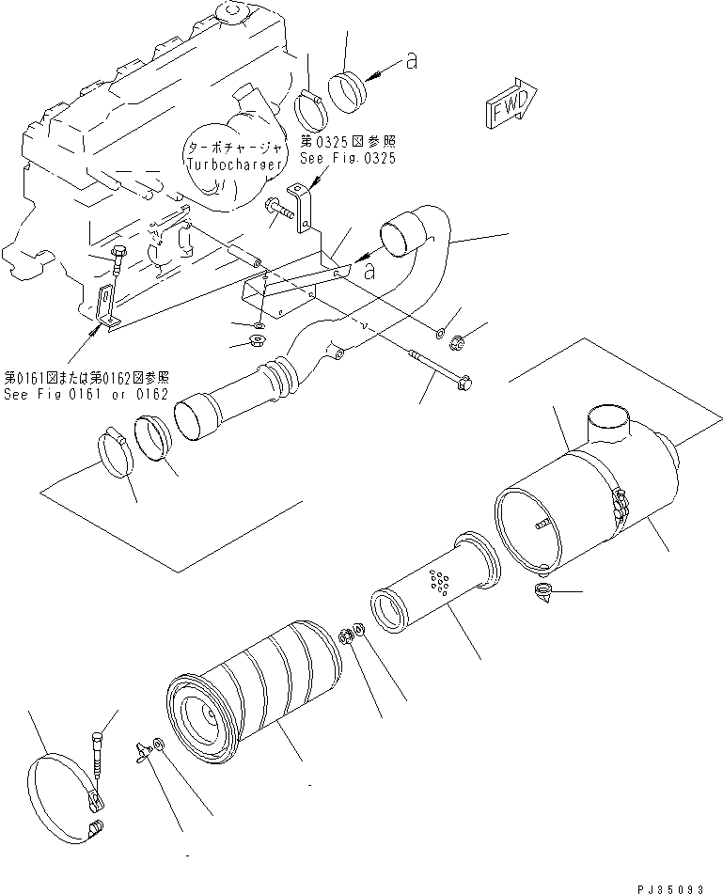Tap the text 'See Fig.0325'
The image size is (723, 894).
pyautogui.click(x=347, y=159)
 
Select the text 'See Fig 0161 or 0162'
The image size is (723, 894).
pyautogui.click(x=86, y=394)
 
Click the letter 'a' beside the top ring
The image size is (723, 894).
pyautogui.click(x=410, y=61)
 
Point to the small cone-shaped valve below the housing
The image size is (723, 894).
pyautogui.click(x=543, y=594)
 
